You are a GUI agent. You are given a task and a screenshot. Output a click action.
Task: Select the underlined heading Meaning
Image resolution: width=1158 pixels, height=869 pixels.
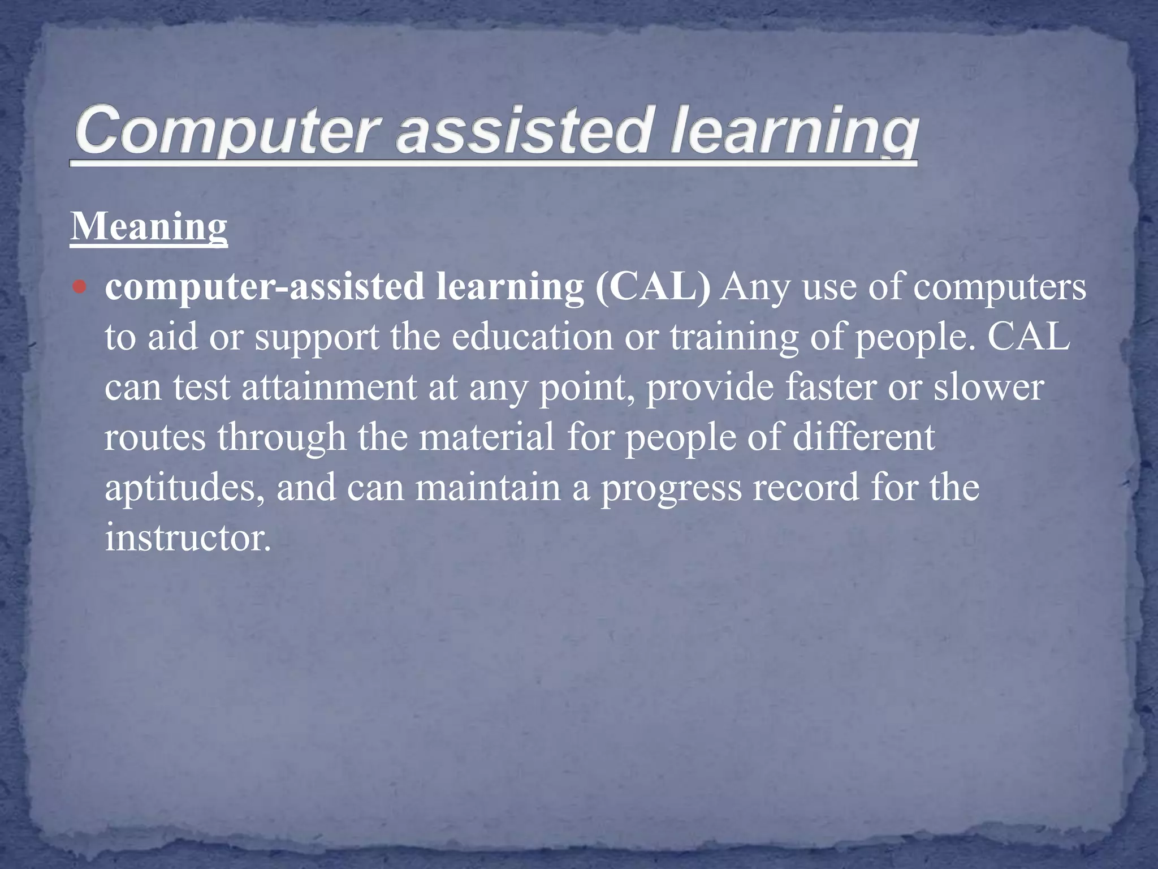point(149,226)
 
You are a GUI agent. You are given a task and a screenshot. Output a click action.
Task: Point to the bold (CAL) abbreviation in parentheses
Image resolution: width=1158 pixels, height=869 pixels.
point(653,286)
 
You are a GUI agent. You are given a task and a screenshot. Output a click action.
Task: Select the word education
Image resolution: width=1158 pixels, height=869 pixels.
point(532,337)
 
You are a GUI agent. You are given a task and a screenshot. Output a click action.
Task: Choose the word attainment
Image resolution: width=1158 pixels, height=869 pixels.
point(329,388)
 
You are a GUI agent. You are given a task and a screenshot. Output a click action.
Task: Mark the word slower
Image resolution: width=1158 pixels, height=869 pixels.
point(988,388)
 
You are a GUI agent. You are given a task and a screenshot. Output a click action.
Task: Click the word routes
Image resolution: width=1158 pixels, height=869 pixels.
point(155,438)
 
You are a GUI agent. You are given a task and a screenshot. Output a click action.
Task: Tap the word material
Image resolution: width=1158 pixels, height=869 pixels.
point(486,438)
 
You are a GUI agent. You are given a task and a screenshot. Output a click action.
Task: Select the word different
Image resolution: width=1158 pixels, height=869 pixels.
point(864,438)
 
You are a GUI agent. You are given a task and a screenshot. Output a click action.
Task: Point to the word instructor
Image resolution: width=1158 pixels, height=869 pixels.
point(188,537)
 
